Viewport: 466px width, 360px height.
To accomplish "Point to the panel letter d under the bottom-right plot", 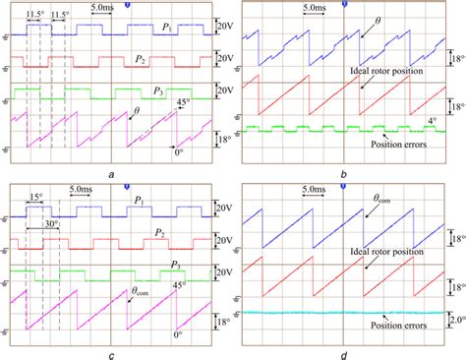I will [x=344, y=350].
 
